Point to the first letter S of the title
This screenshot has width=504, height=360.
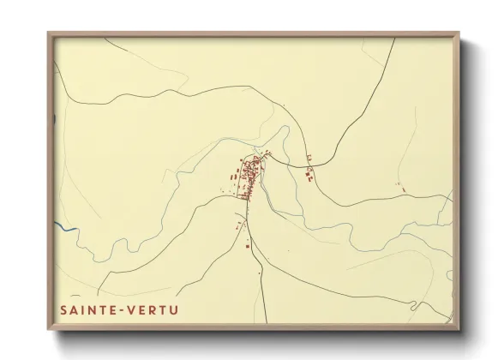63,309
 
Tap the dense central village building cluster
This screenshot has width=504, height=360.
249,176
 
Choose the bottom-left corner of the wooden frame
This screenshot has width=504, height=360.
49,330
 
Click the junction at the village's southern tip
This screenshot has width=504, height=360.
243,199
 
